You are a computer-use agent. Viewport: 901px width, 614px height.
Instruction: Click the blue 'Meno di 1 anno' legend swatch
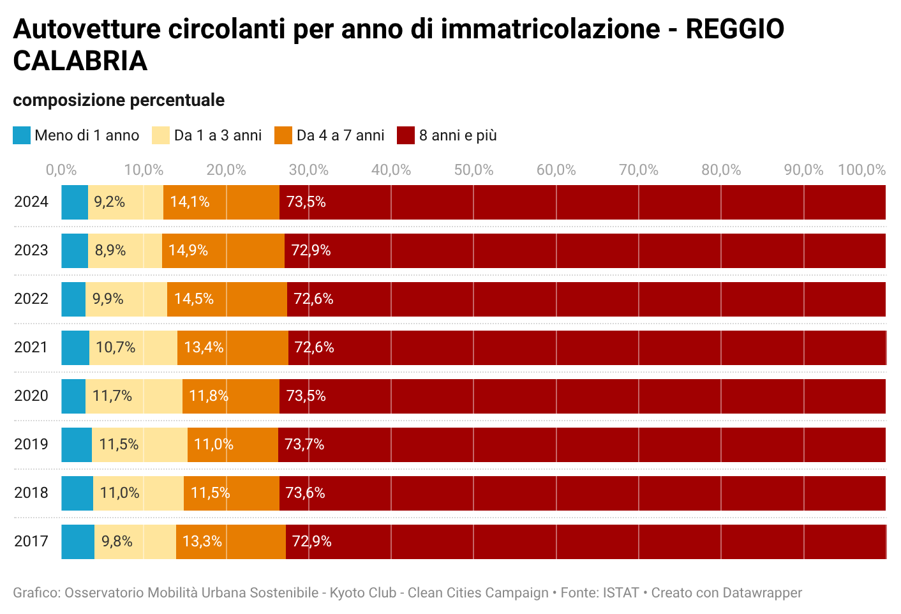pos(22,135)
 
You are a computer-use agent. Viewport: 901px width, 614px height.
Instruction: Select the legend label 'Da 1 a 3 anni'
pos(218,135)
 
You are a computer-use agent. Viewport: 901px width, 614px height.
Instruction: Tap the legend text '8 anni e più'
pos(458,135)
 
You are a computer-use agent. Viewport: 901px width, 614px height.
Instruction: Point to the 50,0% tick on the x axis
pos(473,170)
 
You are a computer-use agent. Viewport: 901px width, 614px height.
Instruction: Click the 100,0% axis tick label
pos(861,170)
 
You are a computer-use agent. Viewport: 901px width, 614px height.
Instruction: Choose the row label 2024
pos(31,202)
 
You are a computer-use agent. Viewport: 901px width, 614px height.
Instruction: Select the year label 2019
pos(31,444)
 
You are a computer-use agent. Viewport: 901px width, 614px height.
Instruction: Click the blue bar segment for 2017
pos(78,542)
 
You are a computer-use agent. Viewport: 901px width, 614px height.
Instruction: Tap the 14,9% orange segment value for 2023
pos(188,250)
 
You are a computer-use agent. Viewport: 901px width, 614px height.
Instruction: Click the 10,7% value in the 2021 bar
pos(115,347)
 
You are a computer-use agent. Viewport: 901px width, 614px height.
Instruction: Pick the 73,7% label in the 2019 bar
pos(304,444)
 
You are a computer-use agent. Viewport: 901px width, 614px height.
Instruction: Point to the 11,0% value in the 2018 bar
pos(119,493)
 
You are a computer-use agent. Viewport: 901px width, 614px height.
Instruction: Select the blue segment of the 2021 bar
pos(75,348)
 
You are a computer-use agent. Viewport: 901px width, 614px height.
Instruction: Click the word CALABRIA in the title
pos(80,61)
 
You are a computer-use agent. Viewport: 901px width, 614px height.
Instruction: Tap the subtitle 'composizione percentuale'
pos(119,100)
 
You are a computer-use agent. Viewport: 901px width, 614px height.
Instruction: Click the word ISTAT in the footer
pos(621,593)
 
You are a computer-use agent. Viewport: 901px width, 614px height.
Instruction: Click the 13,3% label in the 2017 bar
pos(202,542)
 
